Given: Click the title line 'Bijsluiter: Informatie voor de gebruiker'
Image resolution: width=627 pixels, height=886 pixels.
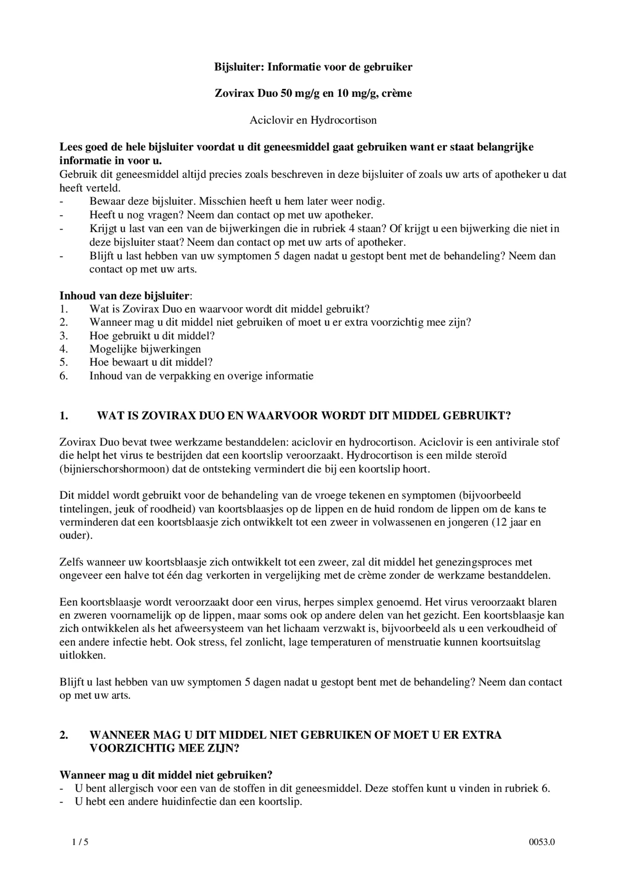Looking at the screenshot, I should coord(313,67).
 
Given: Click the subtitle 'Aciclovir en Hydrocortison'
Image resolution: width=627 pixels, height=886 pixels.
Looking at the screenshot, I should coord(313,120).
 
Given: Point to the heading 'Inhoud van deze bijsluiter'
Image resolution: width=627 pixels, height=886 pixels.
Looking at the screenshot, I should coord(124,296).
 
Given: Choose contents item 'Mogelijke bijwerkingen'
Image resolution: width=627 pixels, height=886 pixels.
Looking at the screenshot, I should coord(145,349).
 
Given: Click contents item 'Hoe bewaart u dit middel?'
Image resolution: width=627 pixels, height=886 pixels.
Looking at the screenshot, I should coord(151,362).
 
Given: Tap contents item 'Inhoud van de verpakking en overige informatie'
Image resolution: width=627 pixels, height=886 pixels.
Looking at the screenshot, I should coord(201,375).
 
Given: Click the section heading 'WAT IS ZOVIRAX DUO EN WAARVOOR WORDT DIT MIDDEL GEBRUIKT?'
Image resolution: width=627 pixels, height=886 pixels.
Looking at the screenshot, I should coord(304,416).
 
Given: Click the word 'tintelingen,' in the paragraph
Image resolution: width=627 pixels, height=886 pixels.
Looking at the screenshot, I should coord(84,509).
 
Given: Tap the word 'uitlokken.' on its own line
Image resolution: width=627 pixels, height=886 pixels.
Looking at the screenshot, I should coord(83,655).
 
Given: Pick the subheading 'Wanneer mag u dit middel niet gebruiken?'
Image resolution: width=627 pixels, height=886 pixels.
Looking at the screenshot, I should coord(166,775).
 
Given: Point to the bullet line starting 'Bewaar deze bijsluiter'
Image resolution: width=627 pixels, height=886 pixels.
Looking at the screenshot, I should coord(237,201).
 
